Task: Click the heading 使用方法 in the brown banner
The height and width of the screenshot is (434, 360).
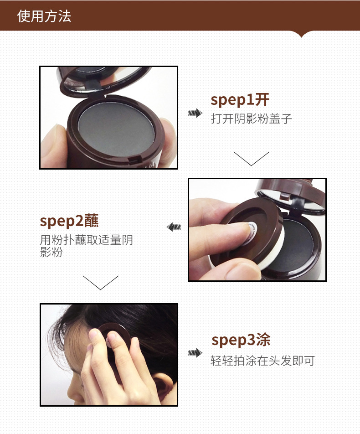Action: pyautogui.click(x=44, y=16)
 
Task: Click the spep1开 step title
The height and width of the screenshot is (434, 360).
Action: pyautogui.click(x=240, y=100)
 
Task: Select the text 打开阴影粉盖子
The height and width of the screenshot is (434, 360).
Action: pyautogui.click(x=251, y=119)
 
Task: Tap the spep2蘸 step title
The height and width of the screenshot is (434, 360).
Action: pyautogui.click(x=69, y=221)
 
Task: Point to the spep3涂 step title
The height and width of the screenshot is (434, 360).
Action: pyautogui.click(x=241, y=340)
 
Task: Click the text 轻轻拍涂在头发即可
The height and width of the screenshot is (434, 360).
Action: pyautogui.click(x=262, y=361)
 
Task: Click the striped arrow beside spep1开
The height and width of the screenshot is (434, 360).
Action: pyautogui.click(x=195, y=113)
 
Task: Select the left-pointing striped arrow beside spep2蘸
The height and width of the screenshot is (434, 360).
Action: pyautogui.click(x=174, y=227)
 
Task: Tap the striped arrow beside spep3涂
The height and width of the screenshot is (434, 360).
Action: pyautogui.click(x=195, y=353)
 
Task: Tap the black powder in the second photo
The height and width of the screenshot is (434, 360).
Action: pyautogui.click(x=293, y=246)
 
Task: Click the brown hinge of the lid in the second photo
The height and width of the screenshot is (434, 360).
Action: pyautogui.click(x=285, y=197)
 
